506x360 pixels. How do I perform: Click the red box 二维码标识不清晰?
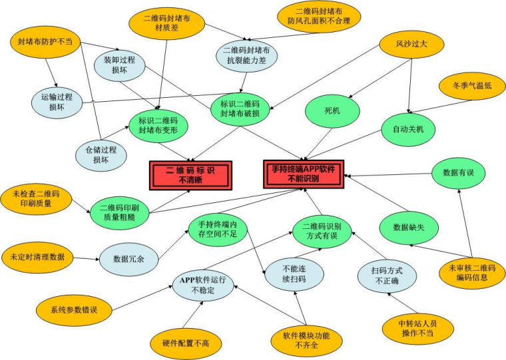coord(190,174)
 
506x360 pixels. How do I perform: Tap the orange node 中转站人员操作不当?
coord(417,327)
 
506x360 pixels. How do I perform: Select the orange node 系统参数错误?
coord(73,309)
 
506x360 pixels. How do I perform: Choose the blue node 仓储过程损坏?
coord(101,155)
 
